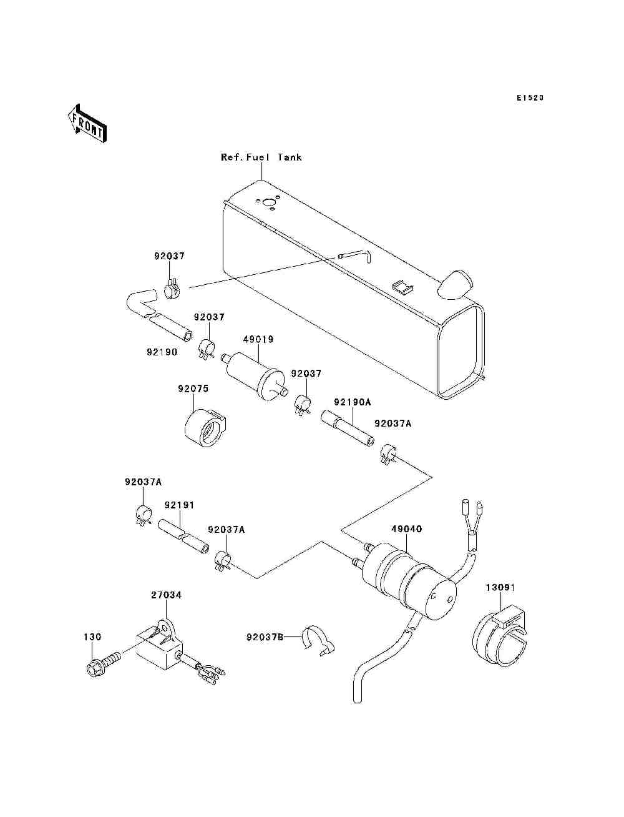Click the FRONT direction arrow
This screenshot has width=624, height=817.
click(87, 124)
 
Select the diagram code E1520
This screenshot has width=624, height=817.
click(530, 98)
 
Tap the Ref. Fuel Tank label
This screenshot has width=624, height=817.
click(261, 157)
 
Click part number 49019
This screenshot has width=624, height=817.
click(258, 339)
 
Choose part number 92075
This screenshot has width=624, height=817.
click(193, 389)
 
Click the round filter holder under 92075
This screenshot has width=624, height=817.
click(205, 428)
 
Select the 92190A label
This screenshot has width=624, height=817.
click(352, 402)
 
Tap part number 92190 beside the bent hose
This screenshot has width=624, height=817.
click(162, 352)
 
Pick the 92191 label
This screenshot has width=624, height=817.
click(180, 505)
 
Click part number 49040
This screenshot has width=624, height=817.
click(406, 529)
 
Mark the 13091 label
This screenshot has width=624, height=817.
click(500, 588)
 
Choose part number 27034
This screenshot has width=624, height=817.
click(166, 595)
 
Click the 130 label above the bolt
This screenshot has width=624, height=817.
click(92, 637)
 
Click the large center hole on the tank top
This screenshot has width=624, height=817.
click(267, 203)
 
